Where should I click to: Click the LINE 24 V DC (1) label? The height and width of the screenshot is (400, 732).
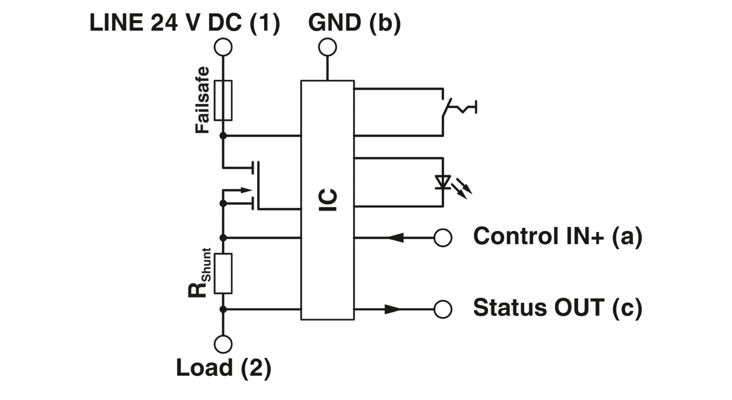point(184,23)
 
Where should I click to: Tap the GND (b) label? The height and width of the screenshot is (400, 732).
point(354,23)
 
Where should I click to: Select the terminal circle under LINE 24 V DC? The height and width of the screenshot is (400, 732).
point(223,47)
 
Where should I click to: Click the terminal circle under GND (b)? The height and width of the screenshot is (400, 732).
point(327,47)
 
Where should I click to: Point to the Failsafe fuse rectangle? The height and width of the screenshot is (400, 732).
point(223,100)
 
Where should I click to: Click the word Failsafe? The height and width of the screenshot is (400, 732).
point(202,100)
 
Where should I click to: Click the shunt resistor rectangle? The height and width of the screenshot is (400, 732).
point(223,273)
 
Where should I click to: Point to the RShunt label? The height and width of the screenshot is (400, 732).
point(200,273)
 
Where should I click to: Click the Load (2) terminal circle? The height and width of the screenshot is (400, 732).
point(223,344)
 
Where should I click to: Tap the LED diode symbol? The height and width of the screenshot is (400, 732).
point(443,182)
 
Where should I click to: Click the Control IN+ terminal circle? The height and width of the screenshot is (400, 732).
point(443,238)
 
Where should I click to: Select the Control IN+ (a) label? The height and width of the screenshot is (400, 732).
point(557,237)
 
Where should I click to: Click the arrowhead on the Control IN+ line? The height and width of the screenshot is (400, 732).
point(396,238)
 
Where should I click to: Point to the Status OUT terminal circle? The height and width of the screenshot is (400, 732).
point(443,309)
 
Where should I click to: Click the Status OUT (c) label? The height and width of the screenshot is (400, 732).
point(557,308)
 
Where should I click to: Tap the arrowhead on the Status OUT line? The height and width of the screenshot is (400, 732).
point(392,309)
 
